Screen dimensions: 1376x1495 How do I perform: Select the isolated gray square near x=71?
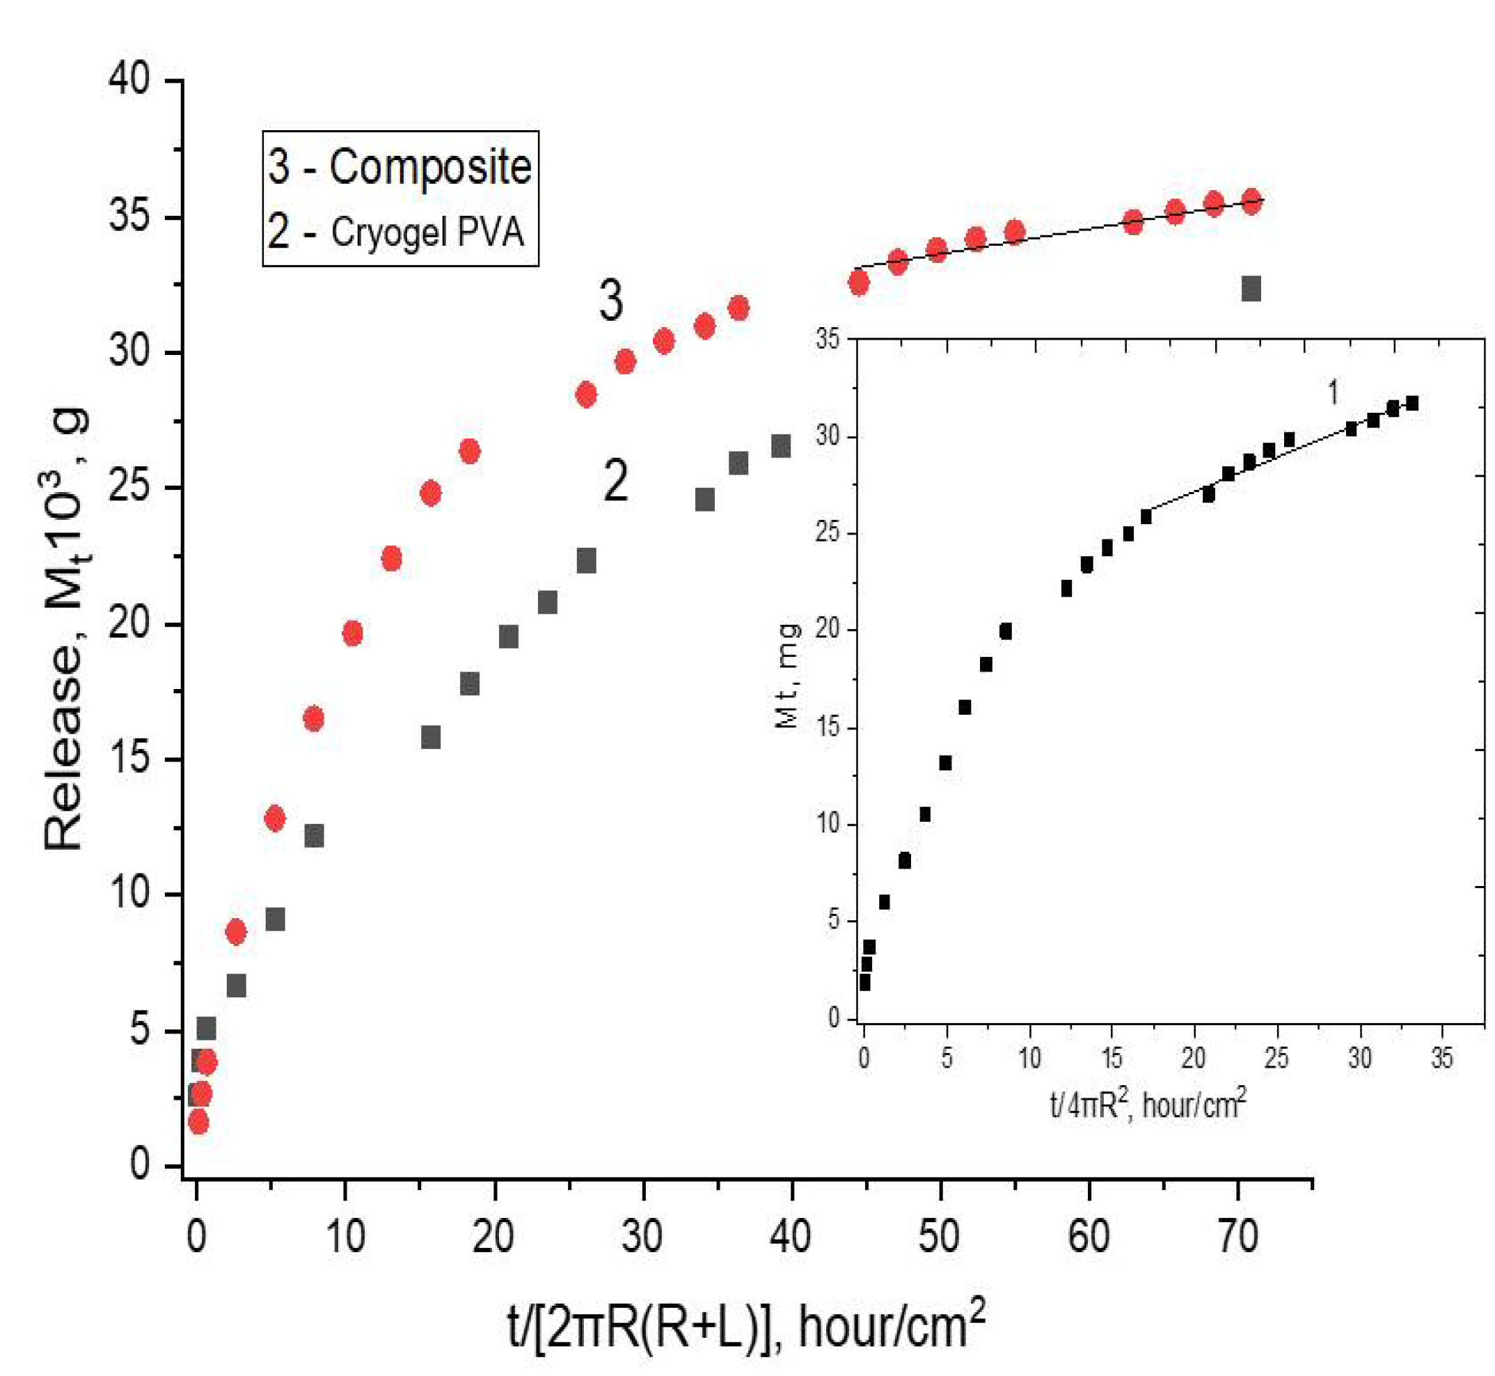pos(1251,289)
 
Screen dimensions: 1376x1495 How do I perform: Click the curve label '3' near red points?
pos(610,301)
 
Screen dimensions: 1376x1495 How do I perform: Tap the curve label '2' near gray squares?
pos(615,481)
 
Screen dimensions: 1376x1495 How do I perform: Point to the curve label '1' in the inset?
pos(1334,393)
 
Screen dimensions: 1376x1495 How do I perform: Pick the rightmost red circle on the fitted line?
pos(1251,201)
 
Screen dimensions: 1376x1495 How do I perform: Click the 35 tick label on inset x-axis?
pos(1441,1058)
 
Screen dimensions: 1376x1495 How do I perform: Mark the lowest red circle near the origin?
pos(198,1122)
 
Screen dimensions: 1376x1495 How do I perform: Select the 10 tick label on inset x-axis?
pos(1029,1058)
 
